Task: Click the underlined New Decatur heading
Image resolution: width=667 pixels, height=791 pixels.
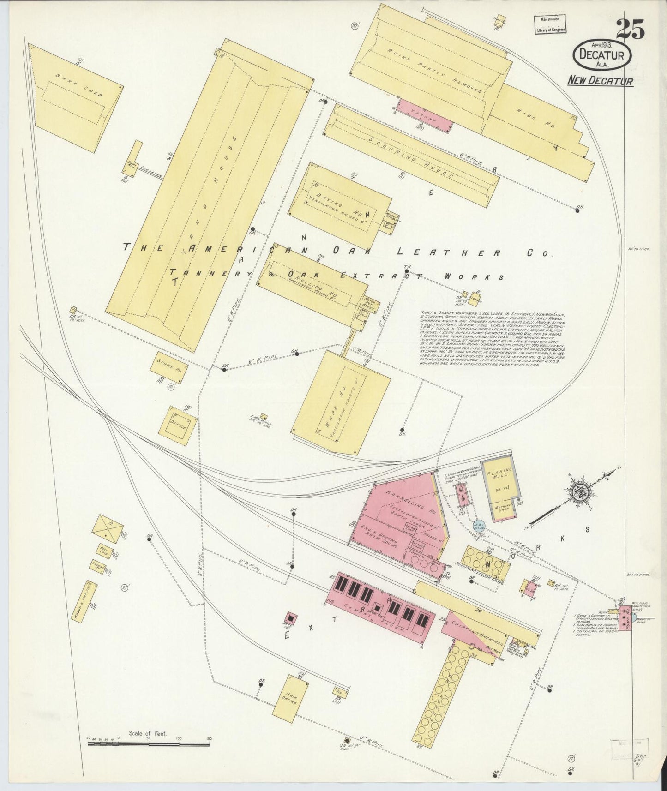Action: coord(600,81)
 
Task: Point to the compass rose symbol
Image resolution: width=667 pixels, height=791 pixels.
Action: coord(577,493)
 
